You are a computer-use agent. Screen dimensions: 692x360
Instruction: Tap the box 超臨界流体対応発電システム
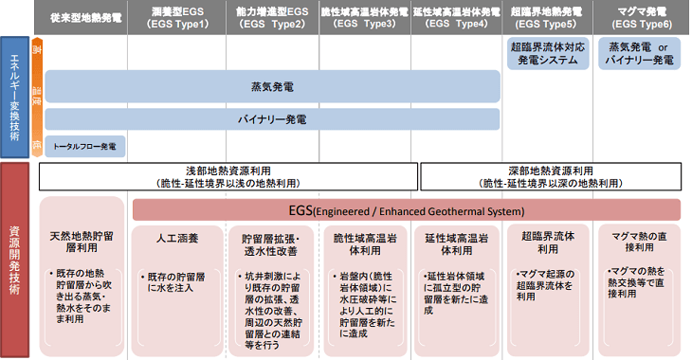point(548,53)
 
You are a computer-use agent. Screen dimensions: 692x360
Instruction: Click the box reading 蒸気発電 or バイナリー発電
point(641,53)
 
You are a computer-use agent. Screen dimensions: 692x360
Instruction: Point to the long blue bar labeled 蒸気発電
point(272,86)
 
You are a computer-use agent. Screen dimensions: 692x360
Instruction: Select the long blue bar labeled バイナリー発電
point(272,119)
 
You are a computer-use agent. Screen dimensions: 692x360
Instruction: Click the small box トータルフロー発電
point(84,147)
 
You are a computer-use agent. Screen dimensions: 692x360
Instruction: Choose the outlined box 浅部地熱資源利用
point(228,176)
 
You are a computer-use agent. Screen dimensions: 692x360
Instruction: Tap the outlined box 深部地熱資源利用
point(551,176)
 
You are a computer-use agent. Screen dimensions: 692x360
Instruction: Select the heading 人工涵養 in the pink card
point(178,241)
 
